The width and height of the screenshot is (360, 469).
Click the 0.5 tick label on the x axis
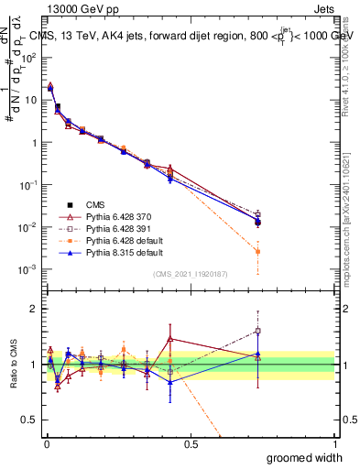191,444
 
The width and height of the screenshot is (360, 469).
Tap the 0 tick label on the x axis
46,444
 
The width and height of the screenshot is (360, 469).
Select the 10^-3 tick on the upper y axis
27,269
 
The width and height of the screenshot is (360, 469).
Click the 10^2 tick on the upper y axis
28,58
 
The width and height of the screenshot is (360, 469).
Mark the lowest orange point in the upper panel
258,251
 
